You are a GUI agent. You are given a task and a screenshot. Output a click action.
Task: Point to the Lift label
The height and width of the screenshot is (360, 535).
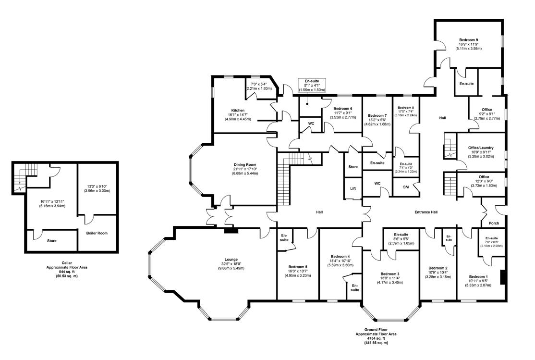click(353, 188)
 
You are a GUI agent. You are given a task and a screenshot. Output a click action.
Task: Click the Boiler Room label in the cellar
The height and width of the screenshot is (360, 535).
click(97, 233)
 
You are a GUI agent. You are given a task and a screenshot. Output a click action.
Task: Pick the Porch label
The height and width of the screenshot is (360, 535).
click(493, 223)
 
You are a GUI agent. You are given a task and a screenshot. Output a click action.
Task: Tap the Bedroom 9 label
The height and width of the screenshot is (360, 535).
click(468, 39)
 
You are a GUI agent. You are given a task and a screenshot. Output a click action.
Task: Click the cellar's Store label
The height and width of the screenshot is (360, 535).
click(52, 240)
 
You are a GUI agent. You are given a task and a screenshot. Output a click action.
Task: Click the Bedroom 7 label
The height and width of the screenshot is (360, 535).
click(377, 116)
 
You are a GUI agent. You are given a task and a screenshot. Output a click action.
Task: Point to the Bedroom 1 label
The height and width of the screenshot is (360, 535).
click(478, 276)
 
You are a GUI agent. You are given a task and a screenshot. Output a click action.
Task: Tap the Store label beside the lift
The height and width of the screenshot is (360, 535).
click(353, 167)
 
